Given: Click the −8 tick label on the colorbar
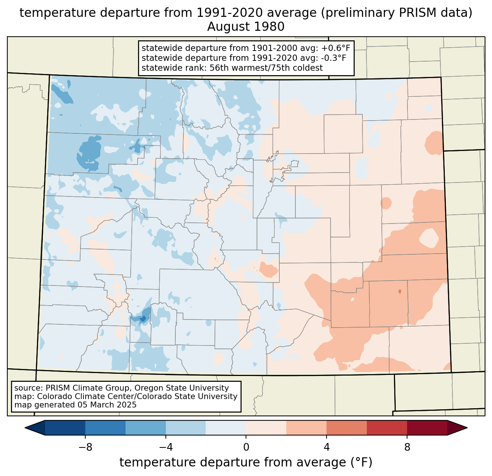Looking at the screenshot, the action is tap(85, 447).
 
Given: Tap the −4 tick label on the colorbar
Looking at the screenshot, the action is tap(166, 447).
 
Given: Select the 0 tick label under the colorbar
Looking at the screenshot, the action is tap(246, 447).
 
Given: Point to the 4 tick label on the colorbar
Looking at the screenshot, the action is tap(327, 447).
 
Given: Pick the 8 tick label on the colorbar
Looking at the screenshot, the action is tap(407, 447).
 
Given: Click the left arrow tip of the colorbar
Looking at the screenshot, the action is tap(25, 428).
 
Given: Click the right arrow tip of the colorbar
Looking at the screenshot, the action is tap(467, 428).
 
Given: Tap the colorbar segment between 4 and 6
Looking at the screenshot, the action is tap(346, 428).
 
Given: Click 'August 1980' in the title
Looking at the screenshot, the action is tap(246, 27).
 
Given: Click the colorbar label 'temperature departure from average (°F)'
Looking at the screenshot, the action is tap(246, 462).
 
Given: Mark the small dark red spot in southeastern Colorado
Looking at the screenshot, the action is tap(400, 292).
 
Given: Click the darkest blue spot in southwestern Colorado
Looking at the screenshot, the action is tap(143, 318).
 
